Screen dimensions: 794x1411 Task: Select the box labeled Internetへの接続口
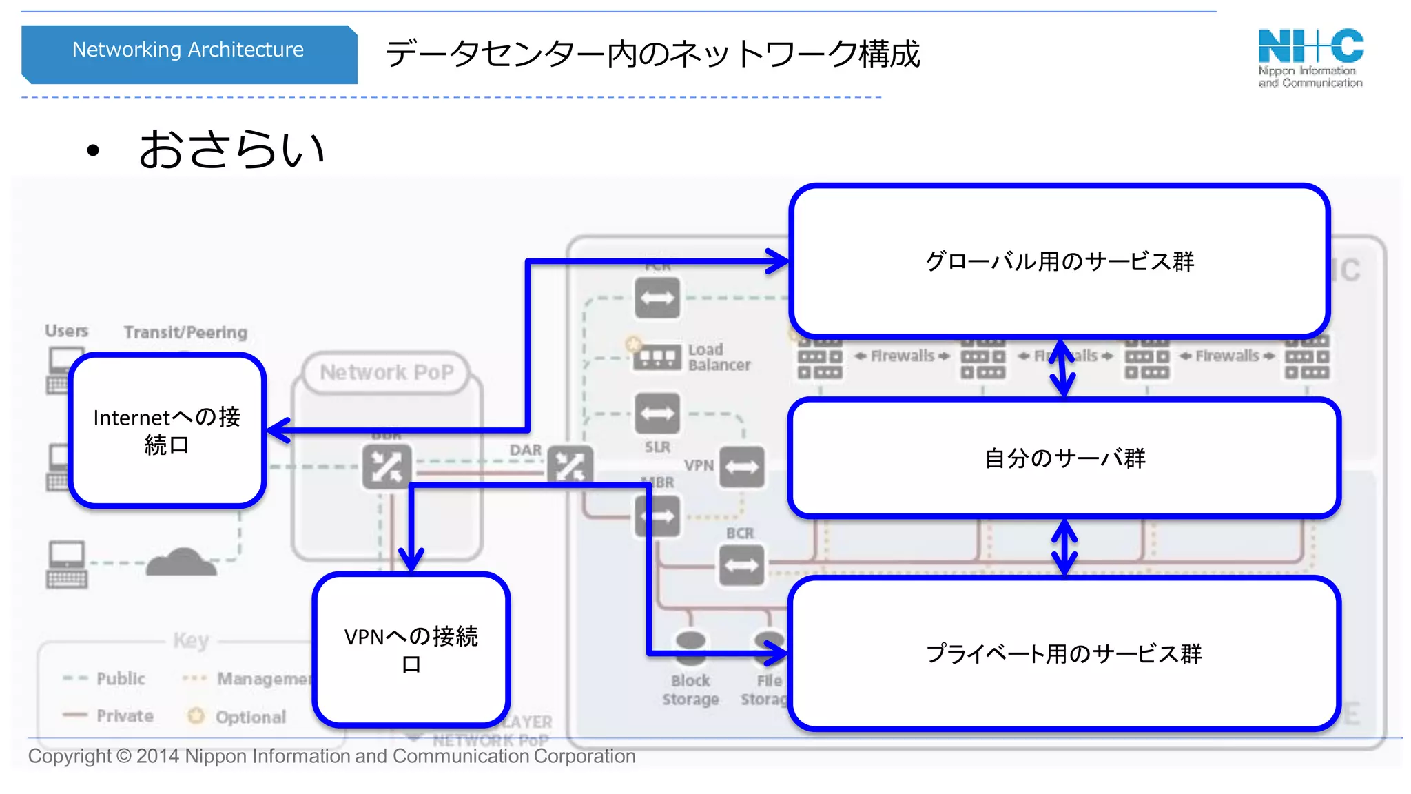click(167, 431)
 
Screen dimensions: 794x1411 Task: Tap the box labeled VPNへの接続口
click(411, 649)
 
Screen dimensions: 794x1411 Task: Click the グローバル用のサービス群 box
click(1059, 261)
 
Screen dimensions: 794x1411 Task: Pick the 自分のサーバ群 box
click(1064, 458)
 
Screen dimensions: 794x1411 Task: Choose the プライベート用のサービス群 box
click(1064, 653)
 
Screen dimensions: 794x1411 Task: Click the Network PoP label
click(387, 373)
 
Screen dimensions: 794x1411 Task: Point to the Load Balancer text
click(719, 357)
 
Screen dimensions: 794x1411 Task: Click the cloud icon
click(181, 562)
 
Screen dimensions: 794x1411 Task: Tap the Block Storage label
click(690, 689)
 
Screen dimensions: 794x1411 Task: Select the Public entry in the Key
click(121, 679)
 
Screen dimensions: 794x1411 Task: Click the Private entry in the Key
click(125, 716)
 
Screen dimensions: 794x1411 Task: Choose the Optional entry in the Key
click(250, 717)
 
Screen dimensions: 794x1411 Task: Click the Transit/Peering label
click(185, 332)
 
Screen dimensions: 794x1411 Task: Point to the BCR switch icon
click(741, 566)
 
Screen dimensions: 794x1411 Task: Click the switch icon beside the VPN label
click(741, 467)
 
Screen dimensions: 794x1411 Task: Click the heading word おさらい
click(231, 150)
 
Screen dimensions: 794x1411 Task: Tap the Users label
click(66, 331)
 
